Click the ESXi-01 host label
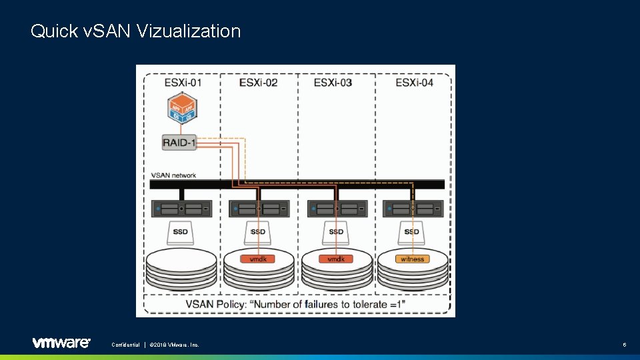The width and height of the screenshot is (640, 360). (182, 83)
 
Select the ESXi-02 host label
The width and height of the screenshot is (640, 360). (258, 83)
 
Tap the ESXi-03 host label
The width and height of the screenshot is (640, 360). (333, 83)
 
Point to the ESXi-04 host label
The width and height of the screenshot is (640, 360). (413, 83)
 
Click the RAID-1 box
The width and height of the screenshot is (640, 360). (179, 141)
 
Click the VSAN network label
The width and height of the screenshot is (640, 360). (173, 175)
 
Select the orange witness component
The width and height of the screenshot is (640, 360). (413, 259)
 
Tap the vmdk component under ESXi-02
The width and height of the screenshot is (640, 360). (258, 259)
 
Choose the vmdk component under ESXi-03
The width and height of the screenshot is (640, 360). (335, 259)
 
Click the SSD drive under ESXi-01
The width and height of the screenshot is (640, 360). (180, 232)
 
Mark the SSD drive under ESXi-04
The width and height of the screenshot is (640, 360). (412, 232)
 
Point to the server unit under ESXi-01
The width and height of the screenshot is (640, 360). (181, 209)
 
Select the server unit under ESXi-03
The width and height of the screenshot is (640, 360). (337, 209)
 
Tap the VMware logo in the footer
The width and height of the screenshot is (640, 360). (61, 343)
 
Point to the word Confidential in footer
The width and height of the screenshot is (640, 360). (125, 345)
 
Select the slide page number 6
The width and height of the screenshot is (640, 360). (624, 345)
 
